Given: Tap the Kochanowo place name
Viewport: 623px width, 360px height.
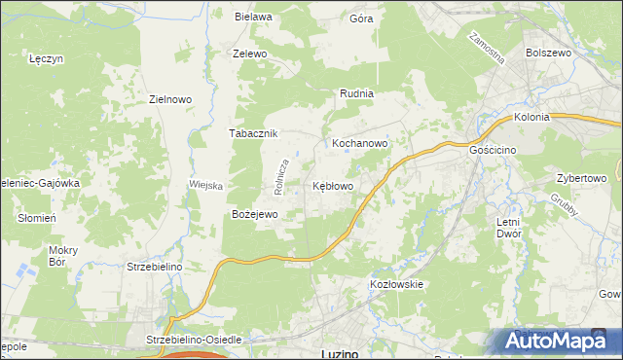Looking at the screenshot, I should coord(360,143).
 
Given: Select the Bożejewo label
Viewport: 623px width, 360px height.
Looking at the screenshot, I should coord(255,213).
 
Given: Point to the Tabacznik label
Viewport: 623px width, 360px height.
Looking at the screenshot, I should coord(254,133).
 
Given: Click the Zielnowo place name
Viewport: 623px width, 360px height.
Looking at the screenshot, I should coord(170,99).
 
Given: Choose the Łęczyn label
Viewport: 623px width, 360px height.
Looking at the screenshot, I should coord(47,58).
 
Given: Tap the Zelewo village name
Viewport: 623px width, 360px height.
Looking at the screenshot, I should coord(249,54).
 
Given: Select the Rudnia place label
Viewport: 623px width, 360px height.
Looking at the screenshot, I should coord(356,93).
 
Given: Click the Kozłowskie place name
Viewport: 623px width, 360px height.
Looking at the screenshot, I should coord(396,284).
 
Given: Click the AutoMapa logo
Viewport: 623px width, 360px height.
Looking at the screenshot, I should coord(557,341).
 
